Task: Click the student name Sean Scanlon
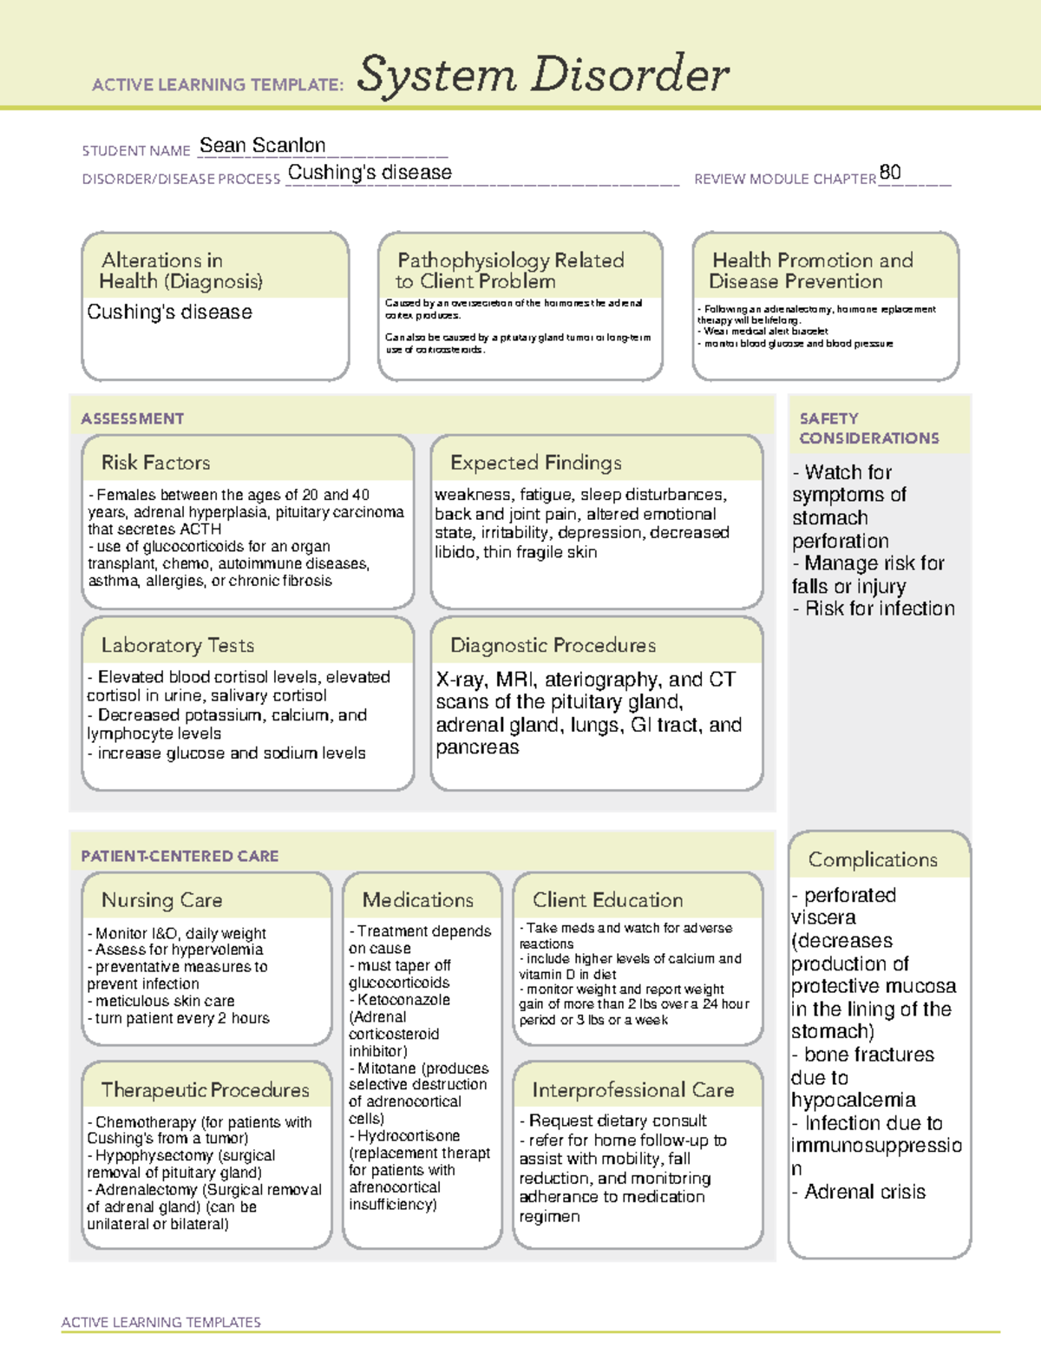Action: coord(262,146)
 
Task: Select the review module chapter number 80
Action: coord(890,172)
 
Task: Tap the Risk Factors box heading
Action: coord(156,463)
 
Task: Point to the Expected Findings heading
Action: coord(535,463)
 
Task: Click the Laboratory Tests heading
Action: coord(178,645)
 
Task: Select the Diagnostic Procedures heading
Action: coord(553,645)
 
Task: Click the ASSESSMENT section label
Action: coord(133,418)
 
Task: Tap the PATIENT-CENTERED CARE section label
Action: coord(180,856)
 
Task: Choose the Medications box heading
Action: coord(418,900)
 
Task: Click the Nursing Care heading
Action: coord(162,900)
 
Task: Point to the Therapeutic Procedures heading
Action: coord(205,1089)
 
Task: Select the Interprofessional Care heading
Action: coord(633,1089)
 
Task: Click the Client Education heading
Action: coord(607,900)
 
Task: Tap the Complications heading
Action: coord(873,859)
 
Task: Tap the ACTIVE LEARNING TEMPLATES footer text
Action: coord(161,1322)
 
